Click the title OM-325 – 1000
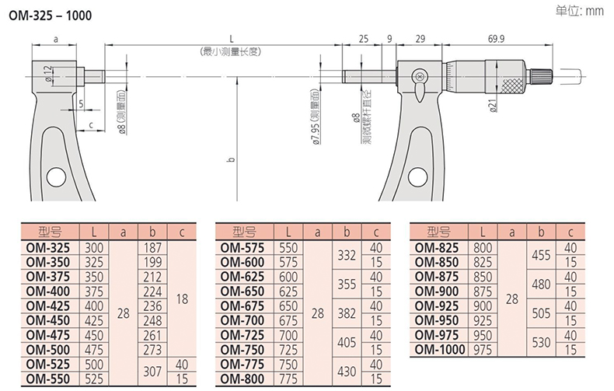click(50, 16)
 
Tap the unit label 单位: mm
click(580, 11)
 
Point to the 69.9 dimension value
click(496, 39)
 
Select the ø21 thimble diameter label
click(493, 105)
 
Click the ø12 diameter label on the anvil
click(47, 73)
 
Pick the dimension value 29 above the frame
click(420, 39)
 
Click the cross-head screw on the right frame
click(420, 75)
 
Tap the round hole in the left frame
click(56, 176)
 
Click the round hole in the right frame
click(417, 176)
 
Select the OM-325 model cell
click(48, 248)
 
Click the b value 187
click(152, 248)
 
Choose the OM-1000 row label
click(440, 349)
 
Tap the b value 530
click(541, 342)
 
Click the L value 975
click(483, 350)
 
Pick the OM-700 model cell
click(242, 321)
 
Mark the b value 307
click(152, 371)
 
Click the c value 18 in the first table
click(182, 299)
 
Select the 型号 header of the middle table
click(244, 232)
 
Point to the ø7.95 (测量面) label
click(316, 117)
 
